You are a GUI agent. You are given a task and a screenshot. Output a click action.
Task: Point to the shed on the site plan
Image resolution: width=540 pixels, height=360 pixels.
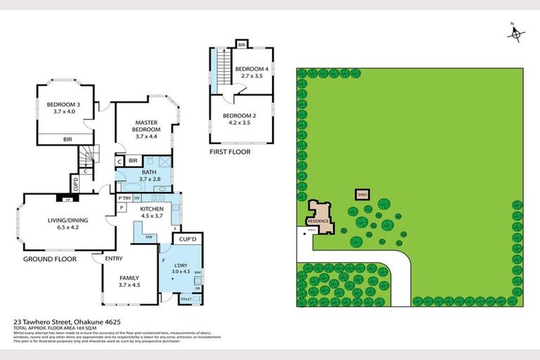(363, 193)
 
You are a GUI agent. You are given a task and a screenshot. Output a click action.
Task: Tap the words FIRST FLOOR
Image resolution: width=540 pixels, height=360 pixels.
(229, 152)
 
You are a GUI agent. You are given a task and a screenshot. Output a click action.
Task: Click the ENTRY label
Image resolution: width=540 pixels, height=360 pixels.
(113, 259)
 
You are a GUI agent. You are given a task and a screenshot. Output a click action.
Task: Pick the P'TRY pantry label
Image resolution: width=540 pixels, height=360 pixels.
(125, 199)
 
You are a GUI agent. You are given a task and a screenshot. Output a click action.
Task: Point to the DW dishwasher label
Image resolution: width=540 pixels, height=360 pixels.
(148, 237)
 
